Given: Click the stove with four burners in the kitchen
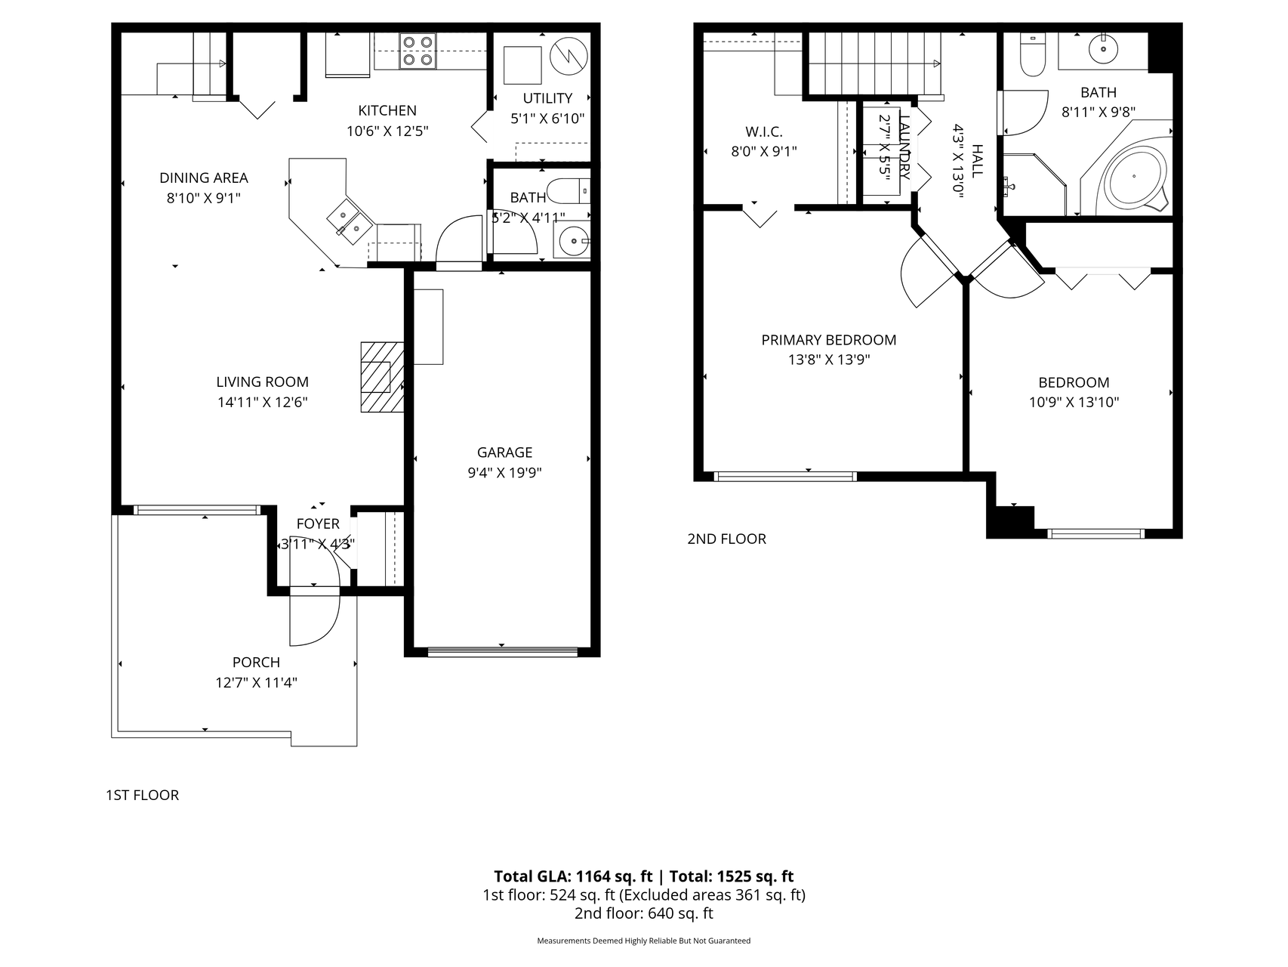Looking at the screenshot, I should pyautogui.click(x=418, y=51).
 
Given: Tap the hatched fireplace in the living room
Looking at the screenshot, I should pyautogui.click(x=381, y=377).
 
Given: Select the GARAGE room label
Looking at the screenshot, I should pyautogui.click(x=504, y=453).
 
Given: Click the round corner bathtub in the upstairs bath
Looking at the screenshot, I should pyautogui.click(x=1133, y=177).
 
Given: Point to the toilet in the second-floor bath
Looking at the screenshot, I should pyautogui.click(x=1031, y=54).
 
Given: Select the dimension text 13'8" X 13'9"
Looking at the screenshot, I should pyautogui.click(x=829, y=360).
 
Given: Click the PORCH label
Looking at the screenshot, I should pyautogui.click(x=256, y=663).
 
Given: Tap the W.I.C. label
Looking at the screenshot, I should pyautogui.click(x=763, y=131).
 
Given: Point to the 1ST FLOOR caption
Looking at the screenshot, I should pyautogui.click(x=142, y=796).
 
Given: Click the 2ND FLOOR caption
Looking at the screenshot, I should pyautogui.click(x=726, y=539).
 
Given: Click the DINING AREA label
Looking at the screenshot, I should pyautogui.click(x=203, y=178).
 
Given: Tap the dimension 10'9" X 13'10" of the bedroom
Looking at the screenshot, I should pyautogui.click(x=1074, y=403).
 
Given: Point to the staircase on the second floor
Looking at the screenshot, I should pyautogui.click(x=873, y=63).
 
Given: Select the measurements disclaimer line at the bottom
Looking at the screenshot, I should pyautogui.click(x=643, y=941).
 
